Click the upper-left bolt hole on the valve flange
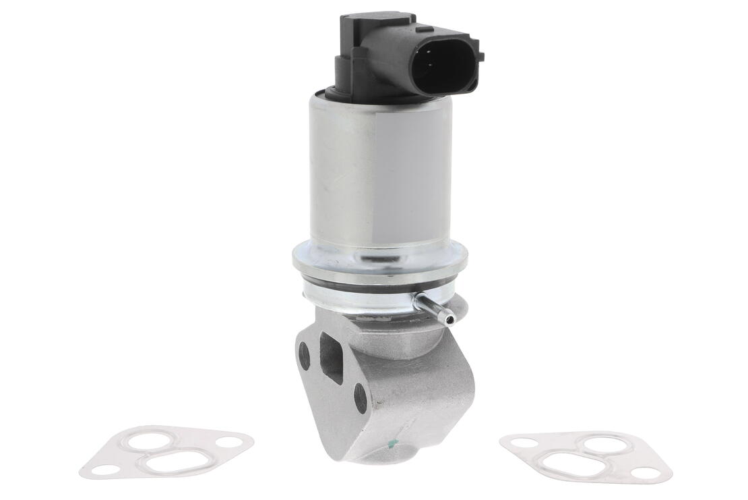click(305, 356)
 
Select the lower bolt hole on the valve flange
click(361, 398)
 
